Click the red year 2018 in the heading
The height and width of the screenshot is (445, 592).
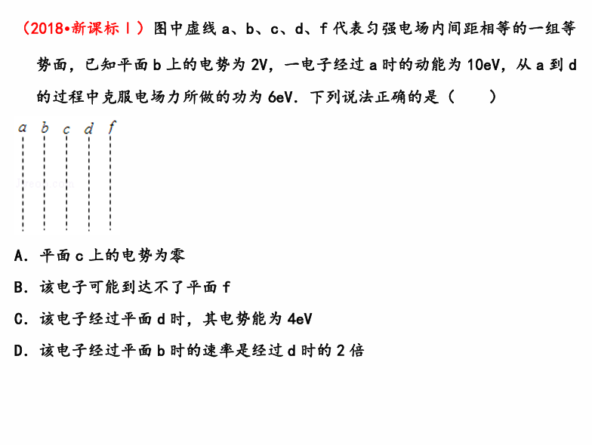pyautogui.click(x=47, y=29)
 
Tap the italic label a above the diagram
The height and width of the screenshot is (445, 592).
pyautogui.click(x=23, y=128)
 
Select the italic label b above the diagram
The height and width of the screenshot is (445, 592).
pyautogui.click(x=45, y=127)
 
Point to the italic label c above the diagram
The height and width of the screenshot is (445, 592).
pyautogui.click(x=66, y=130)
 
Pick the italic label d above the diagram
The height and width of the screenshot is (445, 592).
pyautogui.click(x=89, y=128)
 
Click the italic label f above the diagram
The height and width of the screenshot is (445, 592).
pyautogui.click(x=112, y=127)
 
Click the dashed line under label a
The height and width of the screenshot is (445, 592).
pyautogui.click(x=23, y=183)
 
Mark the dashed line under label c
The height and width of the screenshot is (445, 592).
pyautogui.click(x=66, y=183)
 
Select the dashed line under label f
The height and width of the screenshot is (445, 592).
pyautogui.click(x=110, y=183)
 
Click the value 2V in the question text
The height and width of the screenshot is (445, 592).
pyautogui.click(x=259, y=65)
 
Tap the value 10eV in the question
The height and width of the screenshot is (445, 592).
pyautogui.click(x=483, y=65)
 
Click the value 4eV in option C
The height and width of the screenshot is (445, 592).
pyautogui.click(x=300, y=320)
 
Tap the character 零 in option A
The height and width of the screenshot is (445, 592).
pyautogui.click(x=177, y=256)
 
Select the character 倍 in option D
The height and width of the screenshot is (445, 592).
pyautogui.click(x=356, y=351)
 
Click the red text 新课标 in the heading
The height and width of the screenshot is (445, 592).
pyautogui.click(x=95, y=29)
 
